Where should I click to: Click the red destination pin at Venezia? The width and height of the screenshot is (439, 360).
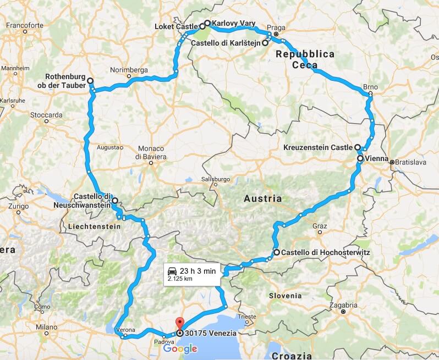pyautogui.click(x=178, y=323)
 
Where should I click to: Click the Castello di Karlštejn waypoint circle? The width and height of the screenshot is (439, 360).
pyautogui.click(x=265, y=42)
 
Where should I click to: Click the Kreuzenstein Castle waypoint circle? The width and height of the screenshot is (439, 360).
pyautogui.click(x=357, y=147)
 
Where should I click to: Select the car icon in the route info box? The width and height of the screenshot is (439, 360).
pyautogui.click(x=172, y=271)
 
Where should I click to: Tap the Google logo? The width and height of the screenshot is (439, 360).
pyautogui.click(x=180, y=348)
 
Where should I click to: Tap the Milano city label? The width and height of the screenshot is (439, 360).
pyautogui.click(x=47, y=327)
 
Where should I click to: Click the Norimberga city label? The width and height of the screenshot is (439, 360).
pyautogui.click(x=129, y=70)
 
